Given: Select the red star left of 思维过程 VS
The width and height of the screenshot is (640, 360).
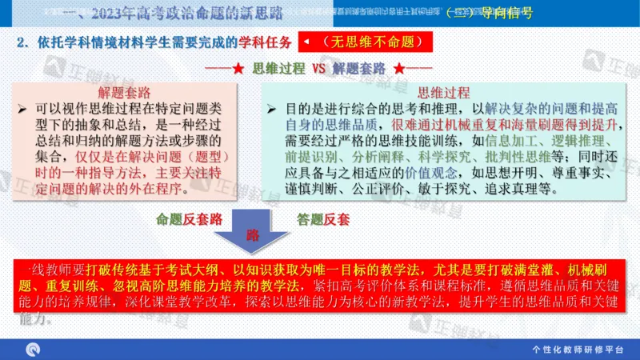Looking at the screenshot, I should (238, 69).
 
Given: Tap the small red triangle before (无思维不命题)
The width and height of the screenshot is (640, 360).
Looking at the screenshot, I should (306, 42).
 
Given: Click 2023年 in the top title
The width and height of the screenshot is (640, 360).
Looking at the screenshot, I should (113, 13).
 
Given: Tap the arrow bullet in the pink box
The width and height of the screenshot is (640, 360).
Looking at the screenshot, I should (22, 107).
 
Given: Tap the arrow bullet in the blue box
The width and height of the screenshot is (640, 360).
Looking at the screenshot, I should (272, 107).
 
